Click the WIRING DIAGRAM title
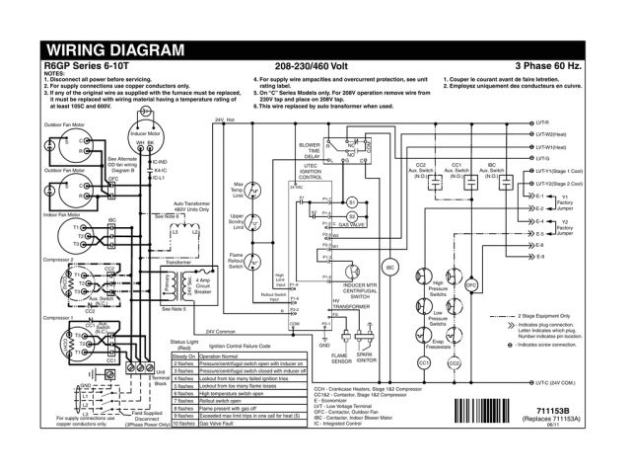[116, 49]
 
